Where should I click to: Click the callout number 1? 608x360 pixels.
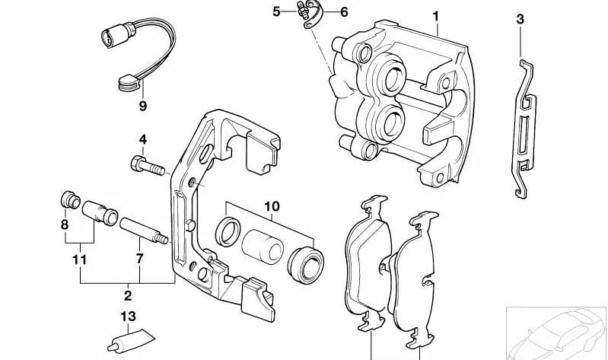[x=437, y=15]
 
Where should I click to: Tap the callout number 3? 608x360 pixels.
[x=520, y=20]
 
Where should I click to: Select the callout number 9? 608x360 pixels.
[x=142, y=106]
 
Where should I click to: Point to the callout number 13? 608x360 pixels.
[x=129, y=317]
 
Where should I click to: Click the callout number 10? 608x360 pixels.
[x=272, y=205]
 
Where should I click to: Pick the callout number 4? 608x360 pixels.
[x=142, y=139]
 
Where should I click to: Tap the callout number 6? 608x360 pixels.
[x=344, y=11]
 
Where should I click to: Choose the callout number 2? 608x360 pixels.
[x=128, y=295]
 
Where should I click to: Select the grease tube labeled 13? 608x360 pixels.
[x=131, y=341]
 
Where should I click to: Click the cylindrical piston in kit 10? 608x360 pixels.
[x=263, y=244]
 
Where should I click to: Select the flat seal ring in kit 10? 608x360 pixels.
[x=227, y=231]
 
